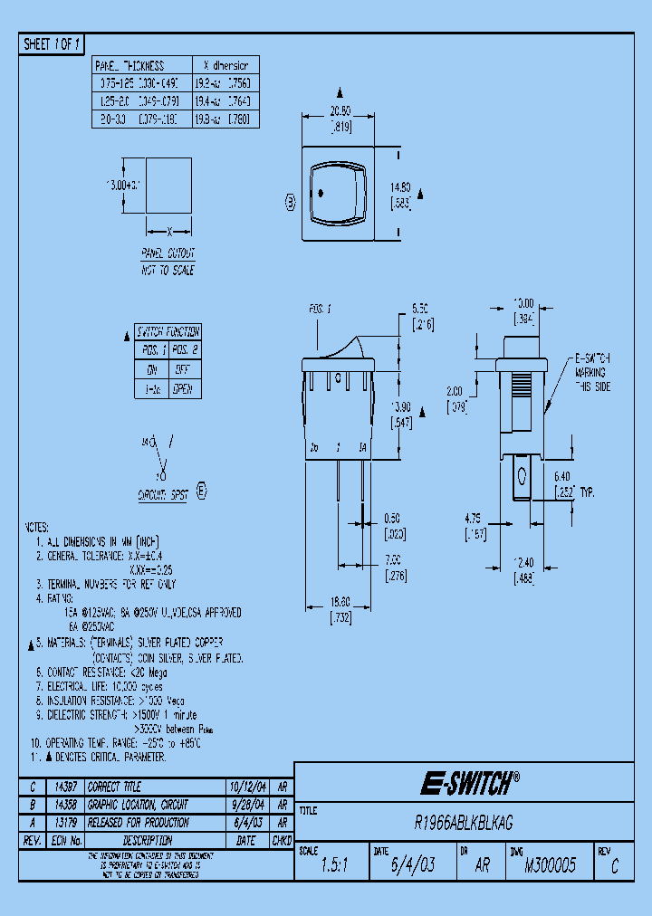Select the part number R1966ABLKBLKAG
point(464,823)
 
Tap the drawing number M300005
point(550,865)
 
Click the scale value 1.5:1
point(333,865)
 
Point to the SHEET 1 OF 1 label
point(52,43)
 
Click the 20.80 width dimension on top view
point(340,110)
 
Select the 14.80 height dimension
point(399,187)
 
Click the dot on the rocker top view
point(322,193)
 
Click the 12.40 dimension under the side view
point(523,563)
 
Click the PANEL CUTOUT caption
point(168,254)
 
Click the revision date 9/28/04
point(245,805)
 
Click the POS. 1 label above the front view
point(321,310)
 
